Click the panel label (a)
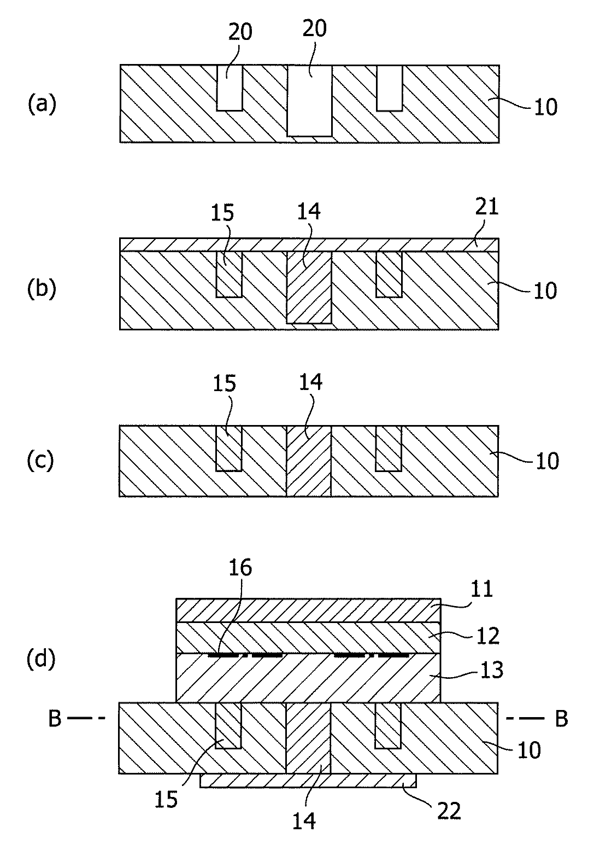(x=42, y=104)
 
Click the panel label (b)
(x=42, y=288)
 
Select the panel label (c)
(x=40, y=461)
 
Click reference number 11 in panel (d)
(x=481, y=590)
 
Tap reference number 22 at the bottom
(x=449, y=811)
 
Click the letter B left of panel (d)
(x=55, y=719)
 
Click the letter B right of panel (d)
(x=561, y=719)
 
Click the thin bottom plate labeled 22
(x=308, y=781)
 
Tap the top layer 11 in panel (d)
(x=308, y=610)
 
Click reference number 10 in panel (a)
(x=545, y=107)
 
